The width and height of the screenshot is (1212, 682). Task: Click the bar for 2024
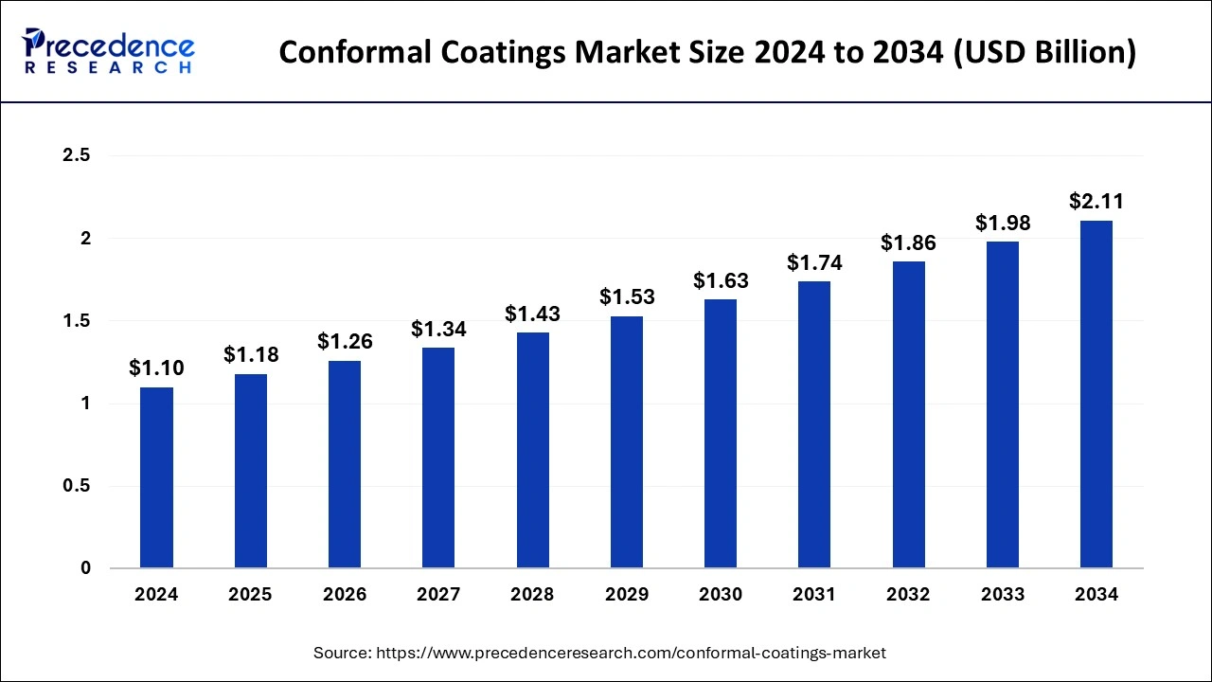(x=156, y=477)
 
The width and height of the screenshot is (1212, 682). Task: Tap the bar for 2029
(x=627, y=441)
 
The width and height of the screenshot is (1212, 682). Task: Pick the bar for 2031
(x=814, y=424)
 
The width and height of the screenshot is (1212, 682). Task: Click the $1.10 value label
(x=156, y=368)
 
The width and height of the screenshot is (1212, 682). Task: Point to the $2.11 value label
(x=1096, y=201)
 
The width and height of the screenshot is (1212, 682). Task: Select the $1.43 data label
(x=532, y=313)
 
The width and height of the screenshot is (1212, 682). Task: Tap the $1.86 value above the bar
(x=908, y=242)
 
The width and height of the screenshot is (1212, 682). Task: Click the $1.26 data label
(x=345, y=341)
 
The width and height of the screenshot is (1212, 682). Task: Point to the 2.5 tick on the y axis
(x=76, y=155)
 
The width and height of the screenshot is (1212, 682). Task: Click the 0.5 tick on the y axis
(x=76, y=486)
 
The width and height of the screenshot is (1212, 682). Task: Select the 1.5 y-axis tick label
(x=76, y=321)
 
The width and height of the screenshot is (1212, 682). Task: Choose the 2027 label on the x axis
(x=438, y=595)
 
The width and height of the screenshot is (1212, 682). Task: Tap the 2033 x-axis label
(x=1003, y=595)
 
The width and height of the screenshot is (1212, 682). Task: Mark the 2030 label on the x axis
(x=721, y=595)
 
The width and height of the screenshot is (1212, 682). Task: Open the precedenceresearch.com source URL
(x=632, y=653)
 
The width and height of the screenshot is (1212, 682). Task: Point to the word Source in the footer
(x=342, y=653)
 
